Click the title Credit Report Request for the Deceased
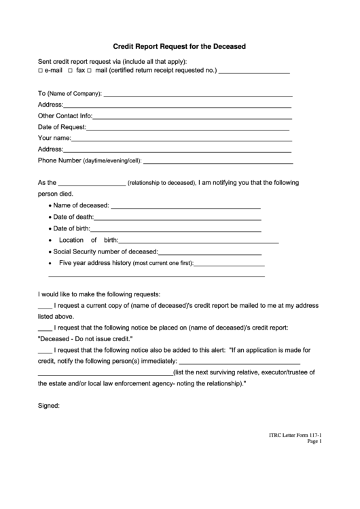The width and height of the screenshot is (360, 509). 179,47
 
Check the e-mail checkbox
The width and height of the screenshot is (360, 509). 40,71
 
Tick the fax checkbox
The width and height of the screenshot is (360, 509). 70,71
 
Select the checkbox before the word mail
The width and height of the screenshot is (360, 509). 89,71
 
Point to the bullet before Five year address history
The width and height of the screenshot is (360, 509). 50,263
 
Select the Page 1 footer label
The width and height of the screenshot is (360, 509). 313,441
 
